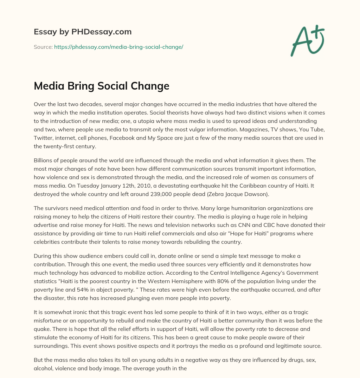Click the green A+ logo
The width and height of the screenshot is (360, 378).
tap(307, 40)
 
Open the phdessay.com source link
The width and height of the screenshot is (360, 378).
tap(118, 47)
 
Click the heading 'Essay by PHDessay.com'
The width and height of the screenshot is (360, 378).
tap(83, 32)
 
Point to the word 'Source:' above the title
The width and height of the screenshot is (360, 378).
tap(43, 47)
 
